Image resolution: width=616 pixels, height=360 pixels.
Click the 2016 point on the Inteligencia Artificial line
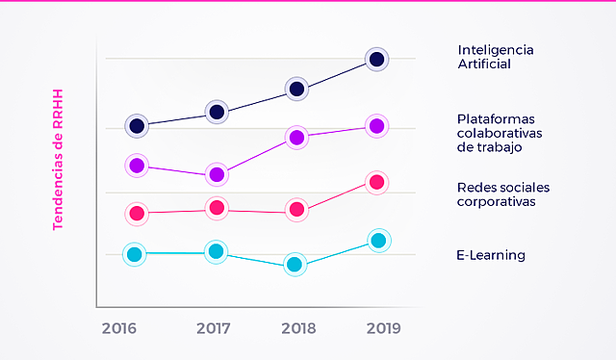[138, 126]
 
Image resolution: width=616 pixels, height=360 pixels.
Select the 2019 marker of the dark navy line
[377, 60]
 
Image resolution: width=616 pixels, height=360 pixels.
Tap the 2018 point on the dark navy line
[297, 90]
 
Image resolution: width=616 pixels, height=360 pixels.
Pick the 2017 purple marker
[218, 174]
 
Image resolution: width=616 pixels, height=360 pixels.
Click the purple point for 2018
[297, 138]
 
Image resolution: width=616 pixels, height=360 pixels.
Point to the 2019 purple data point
[377, 126]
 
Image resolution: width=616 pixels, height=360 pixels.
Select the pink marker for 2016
[137, 213]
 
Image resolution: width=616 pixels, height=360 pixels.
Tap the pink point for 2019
[377, 182]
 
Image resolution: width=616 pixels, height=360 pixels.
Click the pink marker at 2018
[297, 209]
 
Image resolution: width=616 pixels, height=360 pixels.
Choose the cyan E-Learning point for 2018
[295, 265]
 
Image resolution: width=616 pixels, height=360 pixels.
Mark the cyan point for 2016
[136, 254]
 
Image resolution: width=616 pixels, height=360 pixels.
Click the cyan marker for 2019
[378, 241]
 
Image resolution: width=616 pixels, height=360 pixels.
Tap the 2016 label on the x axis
[119, 328]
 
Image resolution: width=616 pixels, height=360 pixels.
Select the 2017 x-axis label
[213, 328]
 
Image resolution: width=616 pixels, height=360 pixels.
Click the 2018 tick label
[298, 328]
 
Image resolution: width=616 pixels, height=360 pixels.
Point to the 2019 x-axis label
[384, 328]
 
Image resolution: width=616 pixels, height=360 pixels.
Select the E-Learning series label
[491, 255]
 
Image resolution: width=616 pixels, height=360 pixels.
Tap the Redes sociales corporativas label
[497, 194]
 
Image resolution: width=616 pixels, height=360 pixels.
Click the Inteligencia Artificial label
[496, 57]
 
